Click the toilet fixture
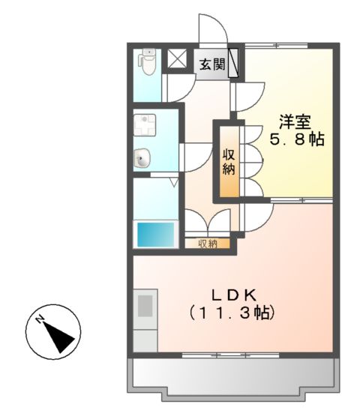pos(147,63)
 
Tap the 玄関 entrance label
pos(211,64)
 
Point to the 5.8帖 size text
pos(297,139)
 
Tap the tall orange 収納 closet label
pos(229,160)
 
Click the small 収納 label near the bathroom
pos(208,244)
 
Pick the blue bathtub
pos(155,235)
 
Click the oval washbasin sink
pos(142,158)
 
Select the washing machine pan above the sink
pos(144,124)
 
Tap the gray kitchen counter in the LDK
pos(145,315)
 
